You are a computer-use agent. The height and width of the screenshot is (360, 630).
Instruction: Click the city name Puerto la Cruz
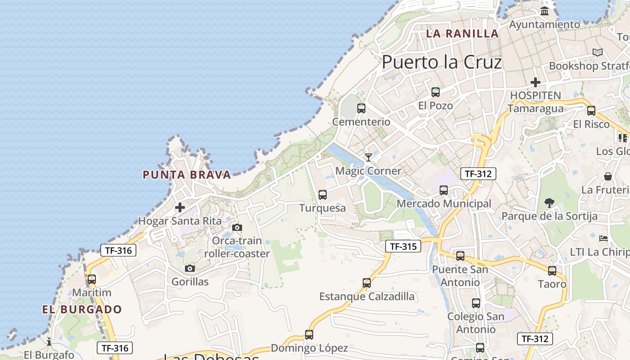[441, 62]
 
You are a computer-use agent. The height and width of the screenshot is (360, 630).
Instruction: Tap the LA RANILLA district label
[462, 33]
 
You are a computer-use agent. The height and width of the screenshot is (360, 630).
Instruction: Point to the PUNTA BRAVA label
[187, 175]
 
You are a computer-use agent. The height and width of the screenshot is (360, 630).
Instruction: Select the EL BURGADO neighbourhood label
[82, 310]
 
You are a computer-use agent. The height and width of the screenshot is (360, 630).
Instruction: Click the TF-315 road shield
[403, 246]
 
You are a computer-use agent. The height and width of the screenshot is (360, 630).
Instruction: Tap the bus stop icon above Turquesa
[322, 195]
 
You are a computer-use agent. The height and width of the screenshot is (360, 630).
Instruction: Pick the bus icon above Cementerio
[361, 108]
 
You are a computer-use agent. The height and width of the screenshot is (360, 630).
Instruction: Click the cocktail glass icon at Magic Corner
[369, 157]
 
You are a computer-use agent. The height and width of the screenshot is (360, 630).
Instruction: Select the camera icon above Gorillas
[190, 269]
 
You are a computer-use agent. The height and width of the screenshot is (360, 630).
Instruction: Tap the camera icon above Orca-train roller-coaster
[237, 228]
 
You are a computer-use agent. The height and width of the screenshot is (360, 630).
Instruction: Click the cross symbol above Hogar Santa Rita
[180, 207]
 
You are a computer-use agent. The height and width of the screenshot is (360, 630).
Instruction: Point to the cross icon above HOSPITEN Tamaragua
[535, 82]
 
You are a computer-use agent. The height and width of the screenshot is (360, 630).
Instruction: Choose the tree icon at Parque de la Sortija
[549, 203]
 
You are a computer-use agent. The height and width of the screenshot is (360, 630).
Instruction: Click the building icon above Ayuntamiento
[544, 11]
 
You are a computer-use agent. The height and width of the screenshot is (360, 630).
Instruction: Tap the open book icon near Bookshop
[597, 53]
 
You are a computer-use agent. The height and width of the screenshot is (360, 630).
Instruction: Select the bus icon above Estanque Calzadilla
[367, 283]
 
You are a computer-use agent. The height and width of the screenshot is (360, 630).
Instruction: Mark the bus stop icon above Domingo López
[309, 335]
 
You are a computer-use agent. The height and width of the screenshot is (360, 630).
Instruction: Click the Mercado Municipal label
[444, 204]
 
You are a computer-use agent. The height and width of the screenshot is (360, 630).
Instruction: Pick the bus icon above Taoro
[552, 271]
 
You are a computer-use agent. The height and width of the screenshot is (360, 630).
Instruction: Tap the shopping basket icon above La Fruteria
[608, 176]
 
